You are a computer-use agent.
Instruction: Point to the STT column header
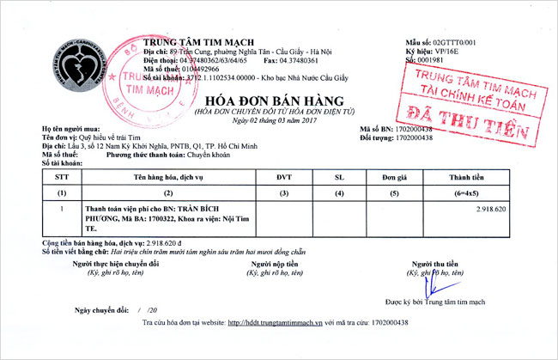point(60,177)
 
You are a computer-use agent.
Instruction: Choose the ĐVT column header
point(284,177)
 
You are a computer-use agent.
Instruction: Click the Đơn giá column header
point(394,177)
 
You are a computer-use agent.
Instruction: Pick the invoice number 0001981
point(432,60)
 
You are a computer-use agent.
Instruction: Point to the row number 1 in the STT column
point(60,209)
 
